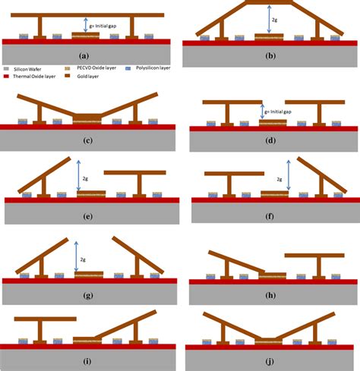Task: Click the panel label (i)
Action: click(x=89, y=362)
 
